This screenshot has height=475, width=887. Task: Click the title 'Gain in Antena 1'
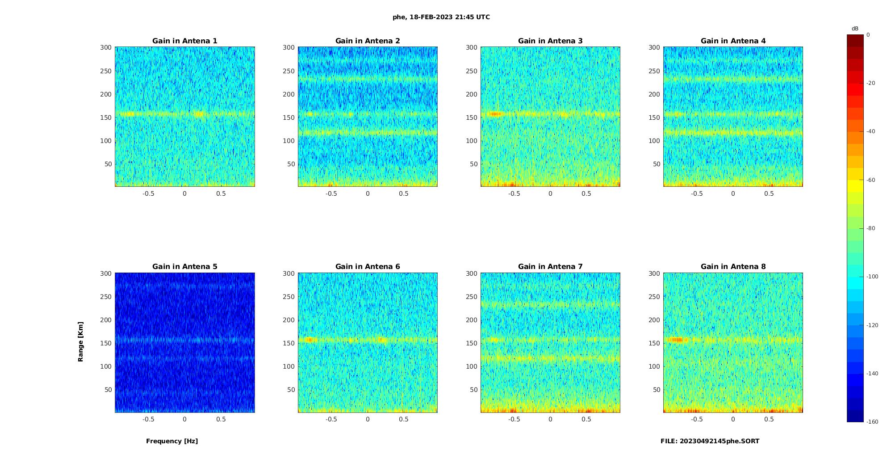click(x=184, y=41)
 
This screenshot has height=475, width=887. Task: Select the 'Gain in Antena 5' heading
click(x=184, y=267)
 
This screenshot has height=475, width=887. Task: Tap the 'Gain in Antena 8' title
click(x=733, y=267)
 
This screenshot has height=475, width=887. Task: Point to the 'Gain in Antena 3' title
click(x=550, y=41)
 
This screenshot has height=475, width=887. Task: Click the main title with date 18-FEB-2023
click(x=441, y=17)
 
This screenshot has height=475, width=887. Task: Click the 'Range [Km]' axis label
click(x=81, y=342)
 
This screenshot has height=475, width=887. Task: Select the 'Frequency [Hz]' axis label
click(x=172, y=441)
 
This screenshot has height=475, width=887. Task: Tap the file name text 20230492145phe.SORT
click(x=710, y=441)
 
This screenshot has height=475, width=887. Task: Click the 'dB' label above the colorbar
click(x=855, y=29)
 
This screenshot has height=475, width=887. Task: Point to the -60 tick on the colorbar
click(x=871, y=180)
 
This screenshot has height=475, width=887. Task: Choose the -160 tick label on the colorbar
click(x=872, y=422)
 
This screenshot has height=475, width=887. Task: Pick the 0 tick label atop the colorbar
click(x=868, y=35)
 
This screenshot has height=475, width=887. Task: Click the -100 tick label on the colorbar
click(x=872, y=277)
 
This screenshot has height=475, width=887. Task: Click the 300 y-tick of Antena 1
click(x=106, y=47)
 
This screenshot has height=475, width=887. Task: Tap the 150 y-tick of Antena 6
click(x=289, y=343)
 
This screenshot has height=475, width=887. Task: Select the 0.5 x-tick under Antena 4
click(x=769, y=193)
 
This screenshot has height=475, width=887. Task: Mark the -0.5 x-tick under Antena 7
click(x=514, y=419)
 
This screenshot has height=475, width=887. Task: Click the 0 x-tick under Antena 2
click(x=368, y=193)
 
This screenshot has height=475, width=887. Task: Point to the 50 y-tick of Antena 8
click(x=657, y=390)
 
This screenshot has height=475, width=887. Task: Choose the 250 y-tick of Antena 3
click(x=472, y=71)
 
